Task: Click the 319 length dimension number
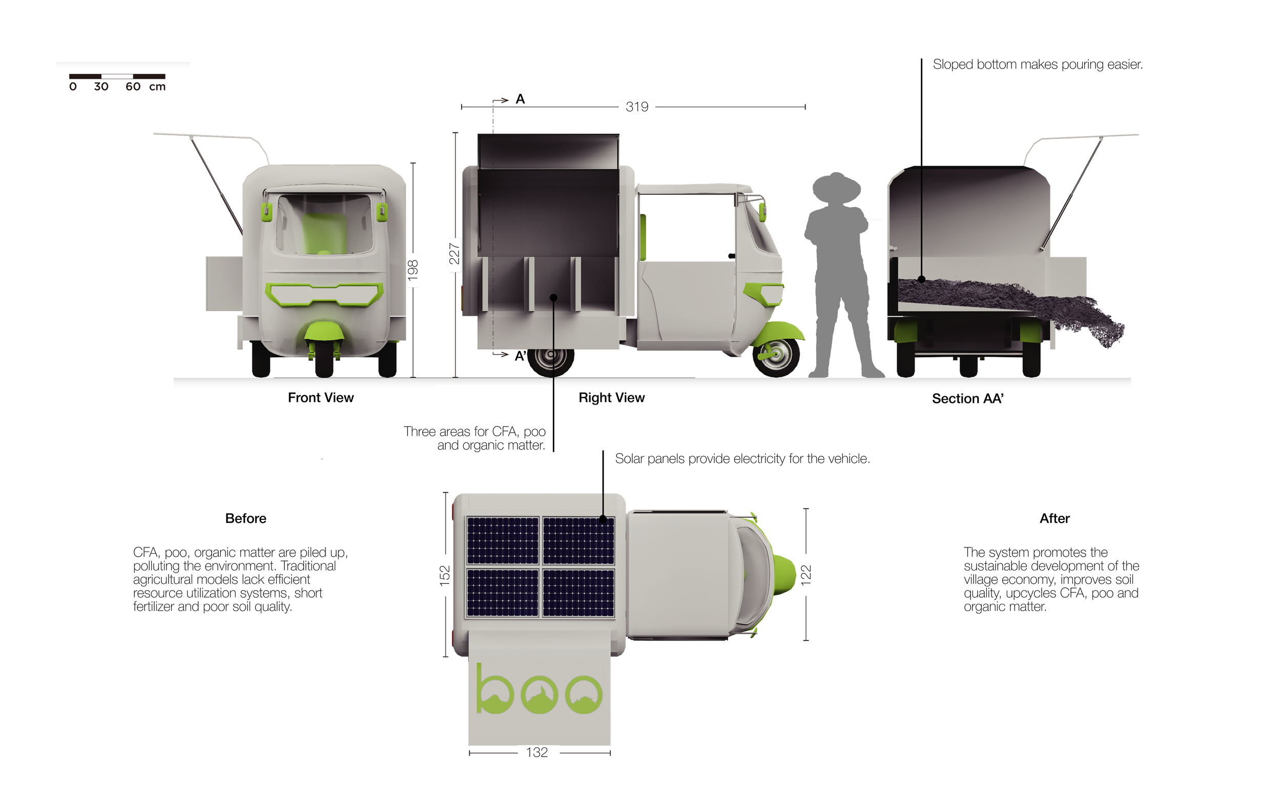point(637,107)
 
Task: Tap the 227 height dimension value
point(454,254)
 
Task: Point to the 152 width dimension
point(445,576)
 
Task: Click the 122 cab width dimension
point(807,575)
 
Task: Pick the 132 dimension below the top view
point(537,753)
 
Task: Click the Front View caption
point(321,398)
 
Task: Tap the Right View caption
point(611,398)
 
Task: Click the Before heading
point(246,519)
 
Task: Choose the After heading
point(1055,519)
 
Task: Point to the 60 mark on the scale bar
point(133,87)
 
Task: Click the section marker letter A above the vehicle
point(520,99)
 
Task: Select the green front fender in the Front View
point(323,333)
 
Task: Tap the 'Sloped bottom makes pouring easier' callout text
point(1038,65)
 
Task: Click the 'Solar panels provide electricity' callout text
point(742,459)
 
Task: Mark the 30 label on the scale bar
point(101,87)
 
